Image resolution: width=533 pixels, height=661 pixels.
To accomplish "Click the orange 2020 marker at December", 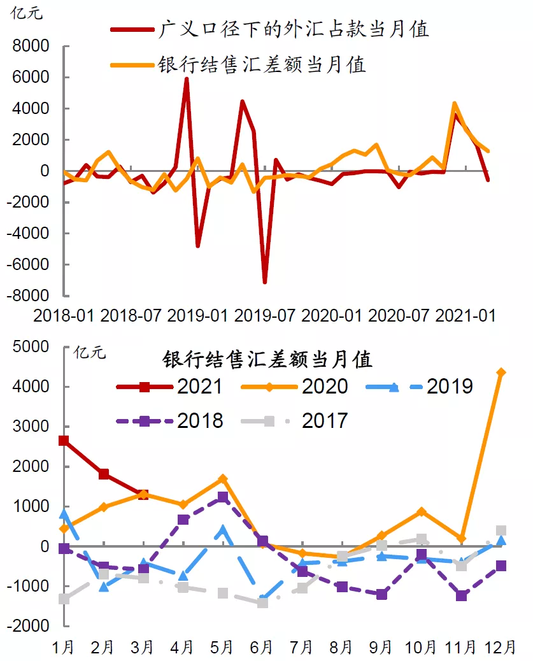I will pos(501,373).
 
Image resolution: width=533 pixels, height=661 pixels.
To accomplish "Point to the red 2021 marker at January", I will pos(64,441).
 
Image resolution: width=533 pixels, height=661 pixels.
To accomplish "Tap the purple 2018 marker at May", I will pos(222,497).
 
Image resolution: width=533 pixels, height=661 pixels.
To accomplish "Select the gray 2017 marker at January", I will pos(64,599).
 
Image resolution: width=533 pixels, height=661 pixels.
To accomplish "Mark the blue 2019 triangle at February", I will pos(103,586).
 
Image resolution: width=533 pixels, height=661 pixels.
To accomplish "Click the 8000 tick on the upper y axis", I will pos(32,46).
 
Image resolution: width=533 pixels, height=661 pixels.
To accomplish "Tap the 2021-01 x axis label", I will pos(465,315).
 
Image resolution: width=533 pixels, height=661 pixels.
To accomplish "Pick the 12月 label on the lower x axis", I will pos(501,647).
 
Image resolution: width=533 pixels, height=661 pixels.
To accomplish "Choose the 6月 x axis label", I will pos(263,647).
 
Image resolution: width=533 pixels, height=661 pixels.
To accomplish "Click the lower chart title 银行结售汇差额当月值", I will pos(267,360).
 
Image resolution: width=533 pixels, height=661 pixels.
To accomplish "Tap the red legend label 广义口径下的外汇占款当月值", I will pos(292,29).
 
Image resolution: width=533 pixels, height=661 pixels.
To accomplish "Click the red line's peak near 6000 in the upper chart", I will pos(186,78).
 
